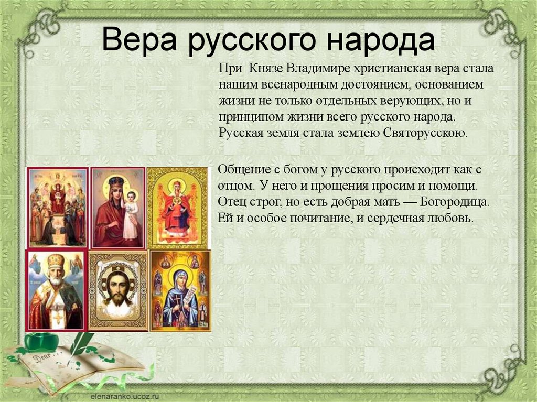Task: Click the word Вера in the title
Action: [x=139, y=41]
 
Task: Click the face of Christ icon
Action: [x=118, y=290]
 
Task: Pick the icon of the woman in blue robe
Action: [x=180, y=290]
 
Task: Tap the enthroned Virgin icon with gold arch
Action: [x=177, y=208]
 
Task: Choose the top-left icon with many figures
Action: [x=57, y=208]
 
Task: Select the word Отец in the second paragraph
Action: [x=230, y=202]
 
